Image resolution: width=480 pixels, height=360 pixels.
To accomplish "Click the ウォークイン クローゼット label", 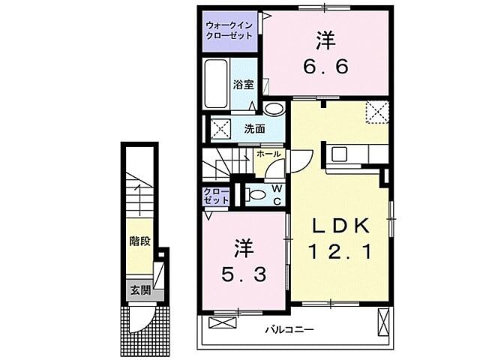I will tap(229, 30).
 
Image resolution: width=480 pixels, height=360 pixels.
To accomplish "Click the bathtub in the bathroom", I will tap(216, 83).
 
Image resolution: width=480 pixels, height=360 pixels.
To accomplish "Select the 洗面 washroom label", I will tap(254, 129).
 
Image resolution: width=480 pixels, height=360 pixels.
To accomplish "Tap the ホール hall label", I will tap(268, 154).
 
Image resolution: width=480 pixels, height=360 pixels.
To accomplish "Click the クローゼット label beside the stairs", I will tap(216, 196).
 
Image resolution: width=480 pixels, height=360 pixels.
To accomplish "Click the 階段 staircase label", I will tap(139, 243).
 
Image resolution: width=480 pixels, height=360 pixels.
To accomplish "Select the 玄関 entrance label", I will tap(139, 290).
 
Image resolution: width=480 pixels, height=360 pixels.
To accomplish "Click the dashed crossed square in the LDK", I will tap(377, 112).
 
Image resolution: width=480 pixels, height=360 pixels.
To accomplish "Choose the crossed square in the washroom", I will tap(220, 128).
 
